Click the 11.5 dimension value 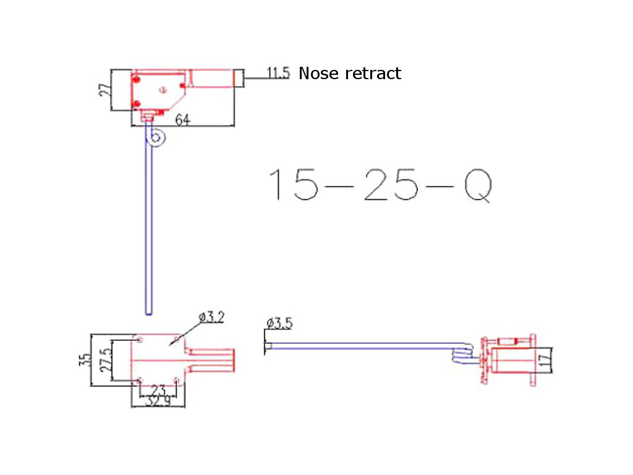click(278, 73)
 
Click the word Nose click(318, 74)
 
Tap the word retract click(373, 74)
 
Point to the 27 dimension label click(104, 90)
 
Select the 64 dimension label click(182, 119)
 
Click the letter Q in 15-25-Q click(478, 186)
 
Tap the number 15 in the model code click(294, 184)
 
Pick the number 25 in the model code click(391, 184)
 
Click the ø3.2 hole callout click(211, 317)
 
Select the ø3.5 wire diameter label click(279, 323)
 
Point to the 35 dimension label click(85, 359)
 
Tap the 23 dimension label click(158, 390)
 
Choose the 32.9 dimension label click(158, 401)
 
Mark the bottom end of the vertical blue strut click(148, 314)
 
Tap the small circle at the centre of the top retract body click(163, 90)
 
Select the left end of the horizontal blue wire click(266, 346)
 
